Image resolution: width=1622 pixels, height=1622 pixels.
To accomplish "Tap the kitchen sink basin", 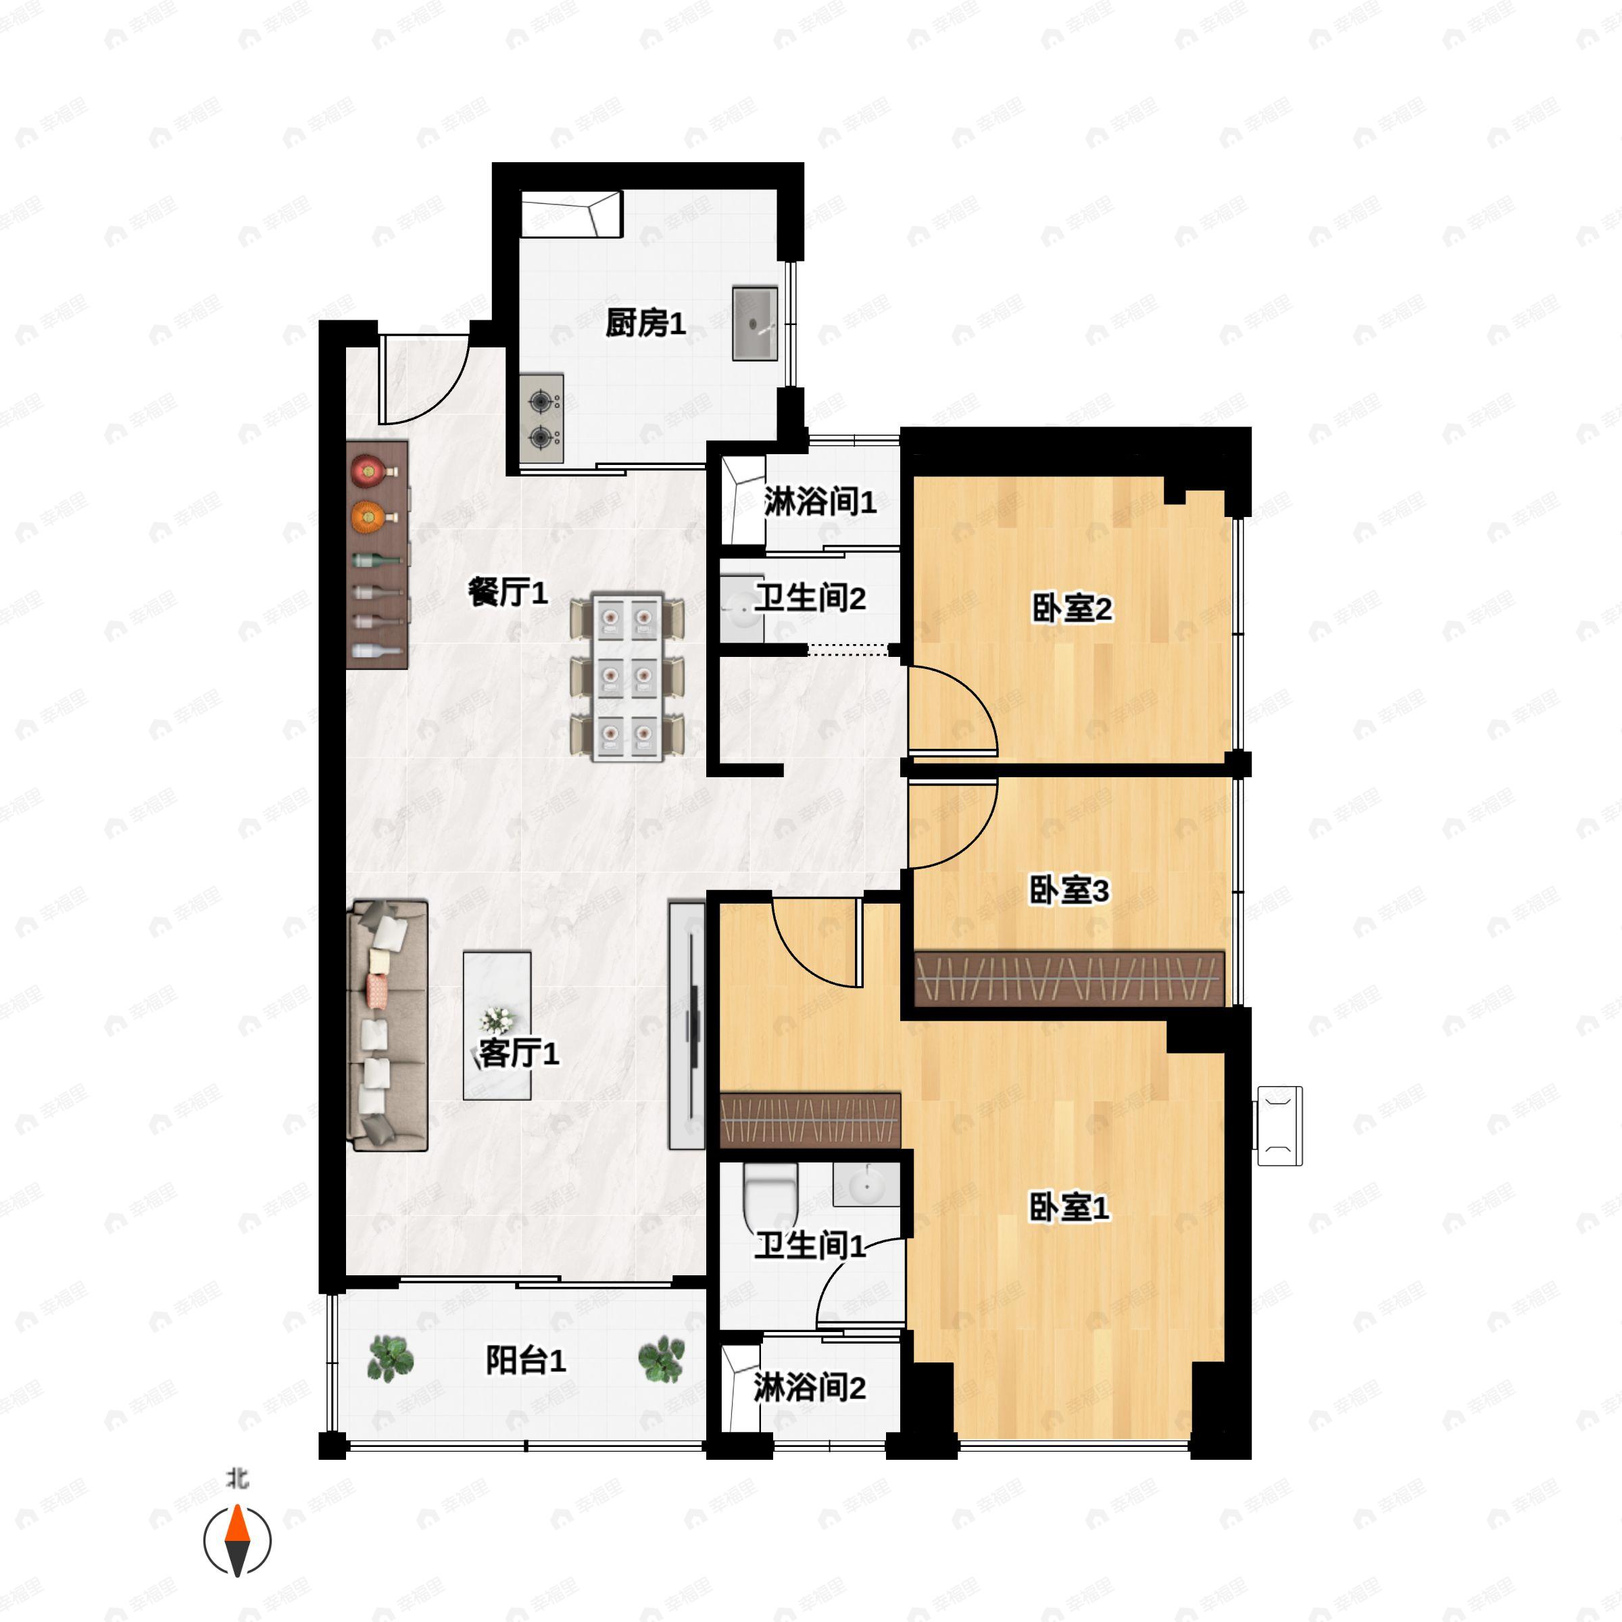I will coord(754,323).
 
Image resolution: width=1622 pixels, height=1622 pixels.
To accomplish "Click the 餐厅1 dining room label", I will coord(507,593).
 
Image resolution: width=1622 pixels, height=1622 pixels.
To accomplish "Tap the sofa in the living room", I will coord(388,1025).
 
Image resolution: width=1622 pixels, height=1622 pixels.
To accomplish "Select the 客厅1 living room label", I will coord(518,1053).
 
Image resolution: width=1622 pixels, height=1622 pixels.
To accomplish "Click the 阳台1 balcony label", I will coord(526,1360).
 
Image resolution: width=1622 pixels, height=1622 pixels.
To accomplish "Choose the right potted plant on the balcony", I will coord(662,1358).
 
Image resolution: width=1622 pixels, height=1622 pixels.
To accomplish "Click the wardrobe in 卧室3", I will coord(1068,978).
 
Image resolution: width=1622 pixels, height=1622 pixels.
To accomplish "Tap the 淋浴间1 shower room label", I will coord(819,502).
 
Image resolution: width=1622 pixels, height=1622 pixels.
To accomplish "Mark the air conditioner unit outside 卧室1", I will coord(1279,1126).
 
